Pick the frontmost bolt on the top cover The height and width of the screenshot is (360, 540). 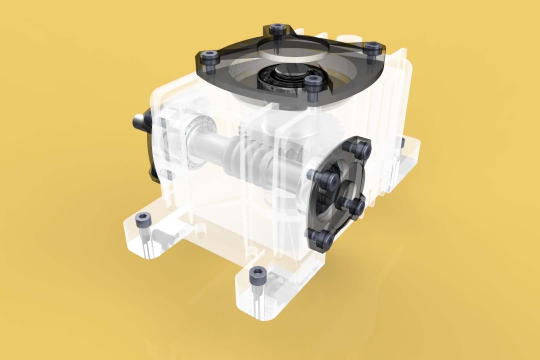click(x=312, y=80)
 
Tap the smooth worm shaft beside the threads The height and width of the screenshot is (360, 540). click(x=208, y=143)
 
